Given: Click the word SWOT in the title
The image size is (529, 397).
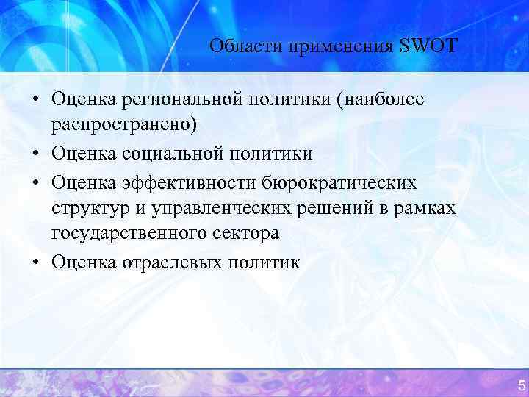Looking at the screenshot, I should tap(428, 46).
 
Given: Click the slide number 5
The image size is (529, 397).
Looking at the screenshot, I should tap(521, 385).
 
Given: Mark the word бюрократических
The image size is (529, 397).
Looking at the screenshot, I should tap(343, 181).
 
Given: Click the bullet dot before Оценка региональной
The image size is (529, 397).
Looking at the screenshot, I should tap(36, 99).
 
